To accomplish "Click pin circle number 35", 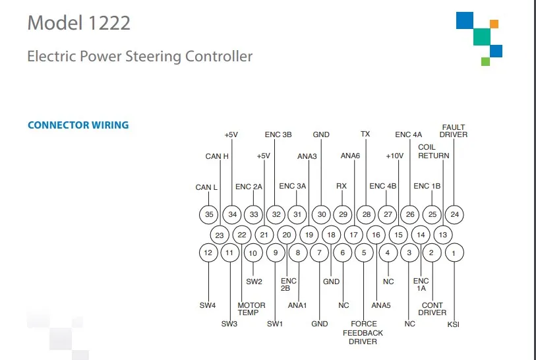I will pyautogui.click(x=209, y=214).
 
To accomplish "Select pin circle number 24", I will pyautogui.click(x=454, y=214).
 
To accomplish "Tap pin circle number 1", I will pyautogui.click(x=454, y=252).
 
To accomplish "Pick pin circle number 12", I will pyautogui.click(x=208, y=252).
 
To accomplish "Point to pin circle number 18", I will pyautogui.click(x=332, y=234).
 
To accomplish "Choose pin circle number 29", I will pyautogui.click(x=343, y=214).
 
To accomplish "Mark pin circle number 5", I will pyautogui.click(x=365, y=252).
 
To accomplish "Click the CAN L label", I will pyautogui.click(x=206, y=187).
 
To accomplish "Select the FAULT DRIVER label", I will pyautogui.click(x=453, y=131).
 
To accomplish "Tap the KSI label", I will pyautogui.click(x=454, y=324).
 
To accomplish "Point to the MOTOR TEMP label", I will pyautogui.click(x=251, y=309).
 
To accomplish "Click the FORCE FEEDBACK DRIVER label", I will pyautogui.click(x=363, y=332).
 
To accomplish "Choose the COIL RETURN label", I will pyautogui.click(x=433, y=152).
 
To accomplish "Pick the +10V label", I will pyautogui.click(x=394, y=156).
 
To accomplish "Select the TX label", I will pyautogui.click(x=365, y=134).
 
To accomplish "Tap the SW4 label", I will pyautogui.click(x=208, y=305).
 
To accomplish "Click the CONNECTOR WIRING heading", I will pyautogui.click(x=78, y=125).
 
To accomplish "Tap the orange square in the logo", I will pyautogui.click(x=494, y=24).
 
